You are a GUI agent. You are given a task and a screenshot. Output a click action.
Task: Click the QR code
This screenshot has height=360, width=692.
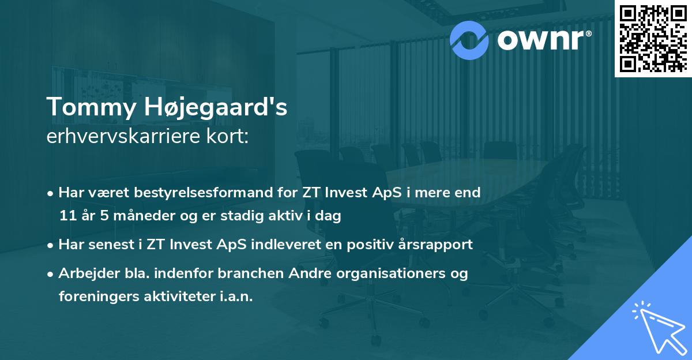tap(653, 38)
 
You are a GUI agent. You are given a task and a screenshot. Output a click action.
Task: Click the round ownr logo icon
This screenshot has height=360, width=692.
tap(470, 40)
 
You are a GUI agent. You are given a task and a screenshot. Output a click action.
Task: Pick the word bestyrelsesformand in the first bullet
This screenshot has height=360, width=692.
tap(176, 193)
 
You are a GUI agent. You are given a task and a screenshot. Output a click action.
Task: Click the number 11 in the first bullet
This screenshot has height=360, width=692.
tap(66, 216)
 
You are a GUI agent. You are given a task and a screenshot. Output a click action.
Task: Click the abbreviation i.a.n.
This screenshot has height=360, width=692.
tap(236, 297)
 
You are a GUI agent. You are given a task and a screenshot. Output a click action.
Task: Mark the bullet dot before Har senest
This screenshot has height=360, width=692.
tap(51, 245)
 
